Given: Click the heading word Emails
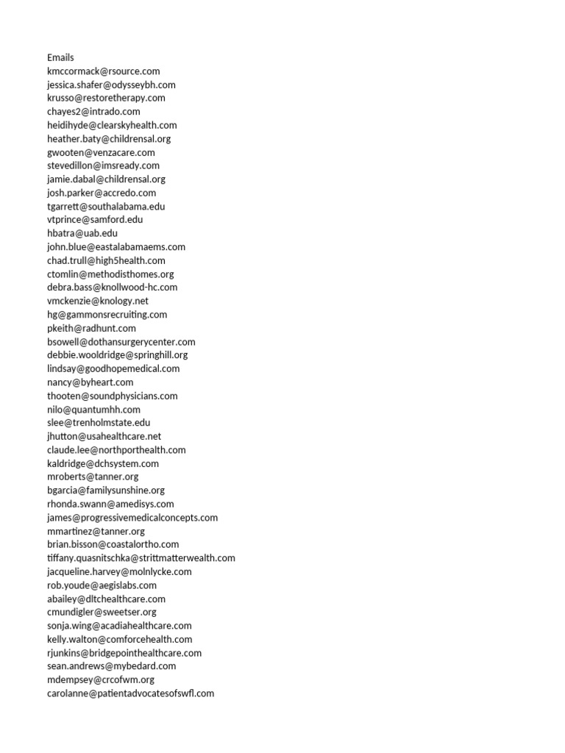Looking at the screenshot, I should pos(60,57).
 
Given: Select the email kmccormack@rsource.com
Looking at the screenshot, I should pos(103,71).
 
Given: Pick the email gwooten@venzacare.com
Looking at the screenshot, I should pos(101,152).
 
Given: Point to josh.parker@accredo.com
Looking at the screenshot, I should pos(102,193).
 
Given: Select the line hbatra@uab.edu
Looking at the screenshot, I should pos(82,233).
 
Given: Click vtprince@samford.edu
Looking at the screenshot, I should pos(95,220).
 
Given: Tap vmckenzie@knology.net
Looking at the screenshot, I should pos(97,301).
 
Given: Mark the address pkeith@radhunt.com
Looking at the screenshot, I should pos(91,328).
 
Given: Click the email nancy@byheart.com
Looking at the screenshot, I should pos(90,382).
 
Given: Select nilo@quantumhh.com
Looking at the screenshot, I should pos(93,410).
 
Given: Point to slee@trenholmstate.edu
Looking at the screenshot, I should pos(98,423).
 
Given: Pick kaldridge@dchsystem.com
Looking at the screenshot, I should pos(102,463).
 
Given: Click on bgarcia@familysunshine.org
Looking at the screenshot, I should pos(105,490).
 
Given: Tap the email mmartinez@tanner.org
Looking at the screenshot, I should pos(96,531).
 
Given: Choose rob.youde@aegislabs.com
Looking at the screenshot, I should pos(102,585).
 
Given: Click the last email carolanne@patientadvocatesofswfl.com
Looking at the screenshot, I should pos(130,693).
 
